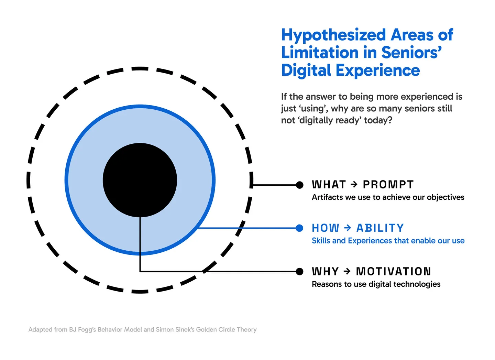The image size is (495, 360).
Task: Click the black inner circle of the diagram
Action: pos(140,180)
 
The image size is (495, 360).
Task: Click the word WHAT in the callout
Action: pos(328,185)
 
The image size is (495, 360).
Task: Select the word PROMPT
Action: pos(388,185)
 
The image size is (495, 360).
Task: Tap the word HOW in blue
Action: pos(325,228)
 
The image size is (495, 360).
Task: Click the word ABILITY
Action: pos(380,228)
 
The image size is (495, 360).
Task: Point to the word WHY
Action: pos(325,272)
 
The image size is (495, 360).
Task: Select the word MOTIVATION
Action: pos(393,272)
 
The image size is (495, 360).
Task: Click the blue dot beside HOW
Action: pos(299,228)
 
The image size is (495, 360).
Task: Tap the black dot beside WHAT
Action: pos(299,185)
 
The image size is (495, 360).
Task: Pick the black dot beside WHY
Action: pos(299,272)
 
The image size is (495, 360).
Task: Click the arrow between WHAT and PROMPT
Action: pos(354,185)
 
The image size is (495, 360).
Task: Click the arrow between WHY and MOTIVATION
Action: pos(347,272)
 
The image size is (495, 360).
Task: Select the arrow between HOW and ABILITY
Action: pos(348,228)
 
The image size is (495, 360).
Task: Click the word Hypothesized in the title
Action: pos(333,35)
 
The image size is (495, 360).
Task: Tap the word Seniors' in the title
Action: pos(411,53)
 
